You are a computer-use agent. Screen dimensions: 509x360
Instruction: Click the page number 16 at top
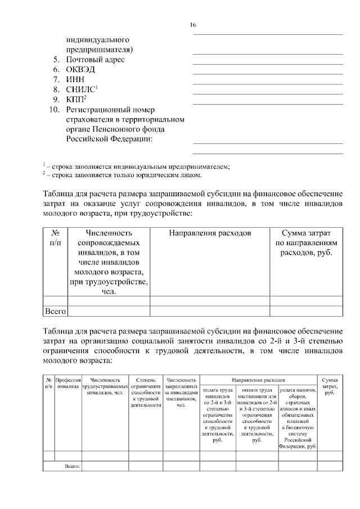tap(192, 25)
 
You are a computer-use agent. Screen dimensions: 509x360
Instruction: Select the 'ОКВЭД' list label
tap(81, 70)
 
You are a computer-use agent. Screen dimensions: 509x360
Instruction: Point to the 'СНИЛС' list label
tap(82, 89)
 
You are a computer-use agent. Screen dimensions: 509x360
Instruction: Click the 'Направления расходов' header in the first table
tap(210, 232)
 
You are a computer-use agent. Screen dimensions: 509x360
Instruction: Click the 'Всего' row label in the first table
tap(55, 310)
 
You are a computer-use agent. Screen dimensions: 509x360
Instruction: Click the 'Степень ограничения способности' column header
tap(146, 392)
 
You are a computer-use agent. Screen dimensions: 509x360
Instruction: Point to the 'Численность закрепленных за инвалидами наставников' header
tap(181, 392)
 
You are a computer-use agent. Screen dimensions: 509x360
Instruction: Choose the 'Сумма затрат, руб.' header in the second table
tap(330, 386)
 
